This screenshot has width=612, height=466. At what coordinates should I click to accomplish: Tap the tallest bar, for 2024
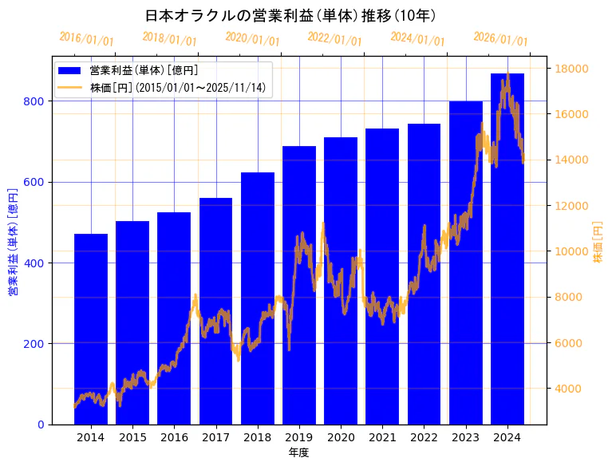click(507, 248)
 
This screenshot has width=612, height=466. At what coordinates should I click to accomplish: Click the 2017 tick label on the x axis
click(215, 437)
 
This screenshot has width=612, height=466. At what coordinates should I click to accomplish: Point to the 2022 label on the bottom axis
click(424, 437)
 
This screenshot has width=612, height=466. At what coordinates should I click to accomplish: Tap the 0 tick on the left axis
click(41, 425)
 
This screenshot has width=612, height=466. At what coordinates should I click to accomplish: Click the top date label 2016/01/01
click(87, 39)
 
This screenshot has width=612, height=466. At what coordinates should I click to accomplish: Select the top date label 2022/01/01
click(335, 39)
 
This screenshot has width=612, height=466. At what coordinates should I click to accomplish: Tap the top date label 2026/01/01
click(500, 39)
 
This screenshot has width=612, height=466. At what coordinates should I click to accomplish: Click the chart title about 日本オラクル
click(290, 15)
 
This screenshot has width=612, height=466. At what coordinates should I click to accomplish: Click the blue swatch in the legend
click(70, 71)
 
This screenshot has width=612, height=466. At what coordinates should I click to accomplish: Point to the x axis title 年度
click(299, 452)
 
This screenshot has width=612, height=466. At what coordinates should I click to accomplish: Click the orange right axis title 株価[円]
click(598, 243)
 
